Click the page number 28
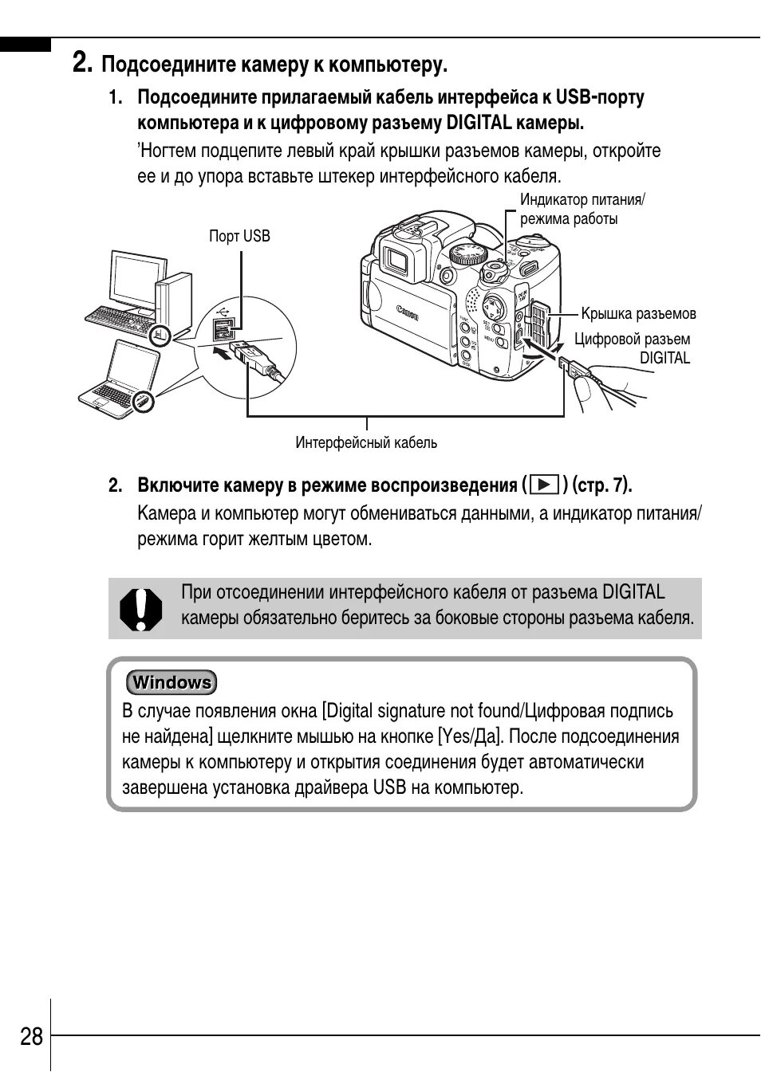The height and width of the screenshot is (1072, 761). tap(32, 1036)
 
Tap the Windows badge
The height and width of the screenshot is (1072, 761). tap(172, 682)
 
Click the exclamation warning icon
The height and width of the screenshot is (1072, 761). tap(140, 610)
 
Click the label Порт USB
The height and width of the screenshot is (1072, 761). tap(239, 236)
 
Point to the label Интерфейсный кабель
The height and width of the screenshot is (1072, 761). tap(366, 442)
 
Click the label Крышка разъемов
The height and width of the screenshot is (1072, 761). tap(638, 313)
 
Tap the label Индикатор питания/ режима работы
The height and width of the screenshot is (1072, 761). tap(582, 209)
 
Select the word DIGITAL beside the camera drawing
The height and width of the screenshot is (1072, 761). tap(664, 358)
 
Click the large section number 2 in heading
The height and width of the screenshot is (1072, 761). tap(81, 62)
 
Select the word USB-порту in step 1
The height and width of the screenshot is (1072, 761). tap(600, 97)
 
